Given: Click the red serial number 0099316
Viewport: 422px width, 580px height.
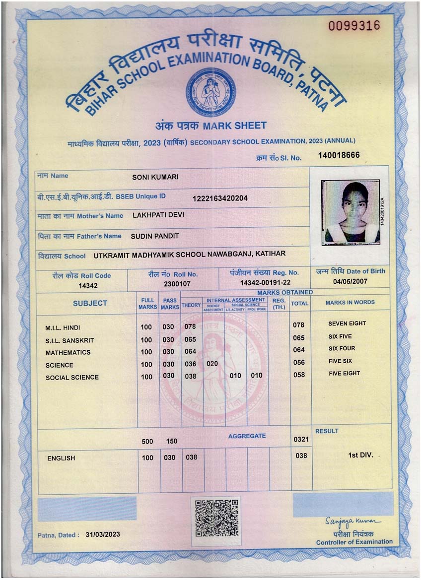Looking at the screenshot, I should [354, 26].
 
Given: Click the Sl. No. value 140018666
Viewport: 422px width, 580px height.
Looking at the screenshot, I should [339, 156].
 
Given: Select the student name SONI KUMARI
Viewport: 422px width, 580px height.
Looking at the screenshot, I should [155, 177].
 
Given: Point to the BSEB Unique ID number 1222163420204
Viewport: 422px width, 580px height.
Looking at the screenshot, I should [220, 198].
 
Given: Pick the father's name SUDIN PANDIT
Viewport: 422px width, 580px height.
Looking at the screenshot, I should [154, 236].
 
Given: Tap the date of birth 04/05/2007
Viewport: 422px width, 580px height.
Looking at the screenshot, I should [351, 281].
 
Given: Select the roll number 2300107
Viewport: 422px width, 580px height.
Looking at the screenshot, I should [177, 284].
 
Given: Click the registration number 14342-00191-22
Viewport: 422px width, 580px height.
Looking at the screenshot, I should [265, 282].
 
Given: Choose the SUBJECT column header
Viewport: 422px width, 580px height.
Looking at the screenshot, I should [90, 303].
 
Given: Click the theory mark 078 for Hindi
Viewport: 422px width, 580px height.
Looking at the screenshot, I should [190, 326].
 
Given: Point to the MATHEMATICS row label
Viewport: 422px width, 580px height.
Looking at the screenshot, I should [68, 352].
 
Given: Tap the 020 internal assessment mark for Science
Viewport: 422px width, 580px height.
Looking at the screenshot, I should [212, 364].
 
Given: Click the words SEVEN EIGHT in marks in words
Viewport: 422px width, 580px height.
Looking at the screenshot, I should [347, 323].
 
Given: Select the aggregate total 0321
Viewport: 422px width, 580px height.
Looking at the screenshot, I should [301, 439].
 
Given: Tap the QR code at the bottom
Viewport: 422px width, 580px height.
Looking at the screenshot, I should [216, 518].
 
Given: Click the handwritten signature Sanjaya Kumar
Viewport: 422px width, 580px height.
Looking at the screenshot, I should [353, 521].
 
